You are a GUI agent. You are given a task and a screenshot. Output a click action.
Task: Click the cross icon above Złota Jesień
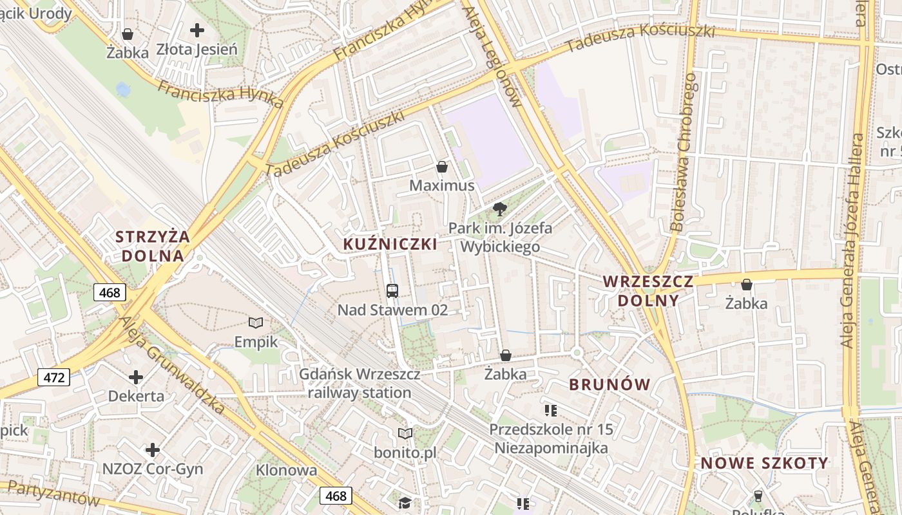click(x=197, y=30)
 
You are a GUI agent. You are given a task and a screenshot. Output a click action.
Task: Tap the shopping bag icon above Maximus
click(x=442, y=167)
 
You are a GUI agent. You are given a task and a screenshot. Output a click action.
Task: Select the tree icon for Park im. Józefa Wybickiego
click(x=499, y=209)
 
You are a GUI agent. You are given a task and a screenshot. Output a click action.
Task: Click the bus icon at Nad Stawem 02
click(x=392, y=291)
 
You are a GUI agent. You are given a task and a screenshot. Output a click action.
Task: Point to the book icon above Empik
click(x=256, y=323)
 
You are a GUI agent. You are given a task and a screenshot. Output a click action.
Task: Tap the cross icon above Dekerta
click(x=136, y=377)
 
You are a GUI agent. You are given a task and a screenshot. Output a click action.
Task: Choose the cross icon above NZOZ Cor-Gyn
click(x=153, y=450)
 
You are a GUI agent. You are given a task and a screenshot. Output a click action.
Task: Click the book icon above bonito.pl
click(x=405, y=434)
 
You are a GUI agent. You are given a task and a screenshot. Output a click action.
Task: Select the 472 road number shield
click(x=53, y=377)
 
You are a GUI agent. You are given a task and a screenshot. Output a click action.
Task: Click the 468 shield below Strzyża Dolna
click(x=110, y=293)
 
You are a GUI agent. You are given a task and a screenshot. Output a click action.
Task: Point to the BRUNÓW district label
click(x=609, y=385)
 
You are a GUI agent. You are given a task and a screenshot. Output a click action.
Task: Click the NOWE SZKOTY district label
click(x=764, y=464)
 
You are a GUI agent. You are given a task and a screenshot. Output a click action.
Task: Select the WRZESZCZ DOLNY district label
click(x=648, y=291)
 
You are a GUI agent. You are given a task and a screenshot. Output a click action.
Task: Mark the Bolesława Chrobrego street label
click(x=684, y=152)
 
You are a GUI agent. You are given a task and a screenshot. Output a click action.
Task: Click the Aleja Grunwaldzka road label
click(x=172, y=365)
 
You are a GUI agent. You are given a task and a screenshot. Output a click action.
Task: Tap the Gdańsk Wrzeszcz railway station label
click(x=360, y=384)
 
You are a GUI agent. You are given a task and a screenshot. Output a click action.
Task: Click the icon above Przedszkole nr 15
click(x=550, y=410)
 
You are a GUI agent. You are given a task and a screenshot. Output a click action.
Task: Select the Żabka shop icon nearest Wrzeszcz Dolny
click(x=747, y=285)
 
